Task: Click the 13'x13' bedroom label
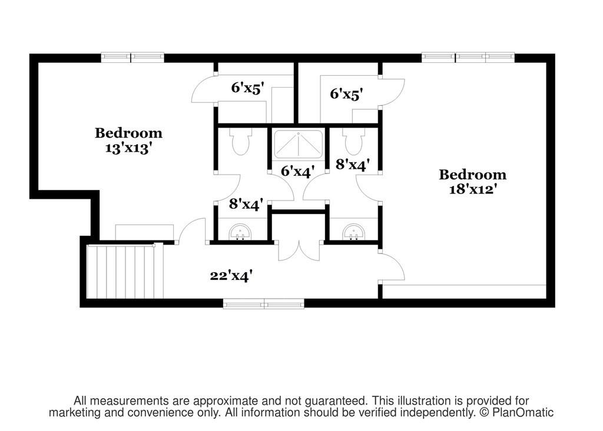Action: coord(128,141)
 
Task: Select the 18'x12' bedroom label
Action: coord(472,182)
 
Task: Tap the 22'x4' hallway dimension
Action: coord(231,275)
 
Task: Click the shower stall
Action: coord(299,145)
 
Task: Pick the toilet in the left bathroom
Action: coord(241,141)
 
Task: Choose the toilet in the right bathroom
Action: coord(354,141)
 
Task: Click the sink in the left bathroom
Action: coord(240,232)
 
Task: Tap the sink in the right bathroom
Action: coord(354,232)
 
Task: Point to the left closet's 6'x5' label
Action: coord(248,88)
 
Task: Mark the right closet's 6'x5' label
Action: coord(346,94)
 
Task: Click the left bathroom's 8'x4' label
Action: coord(246,204)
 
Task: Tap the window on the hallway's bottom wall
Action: coord(264,304)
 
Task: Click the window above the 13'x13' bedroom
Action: coord(132,57)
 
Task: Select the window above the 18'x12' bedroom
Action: coord(468,57)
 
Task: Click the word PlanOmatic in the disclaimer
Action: coord(523,413)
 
